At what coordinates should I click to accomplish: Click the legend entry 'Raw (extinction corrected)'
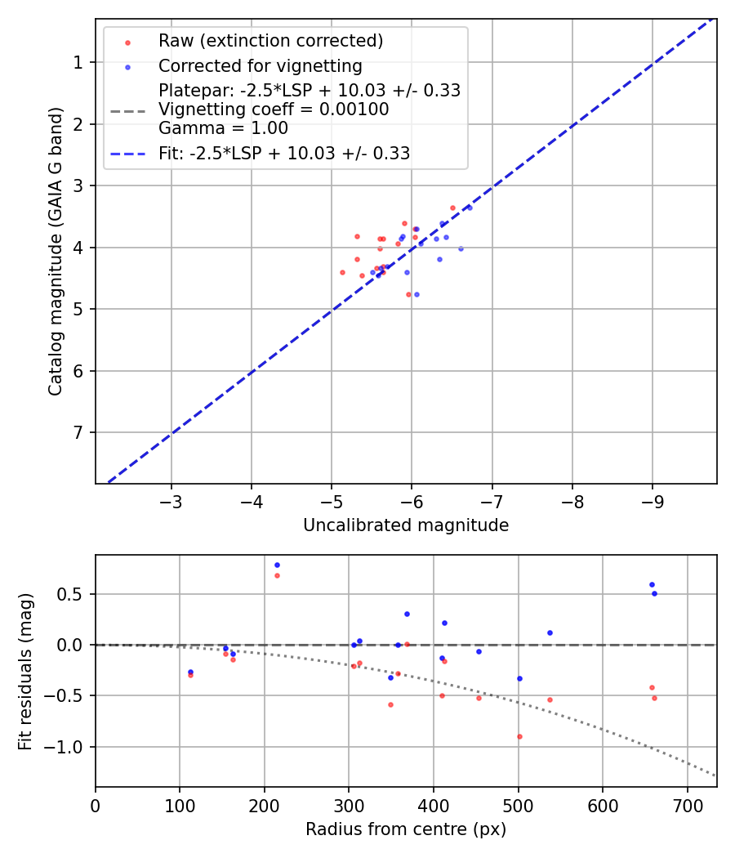coord(270,41)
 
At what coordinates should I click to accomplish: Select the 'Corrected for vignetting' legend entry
coord(260,65)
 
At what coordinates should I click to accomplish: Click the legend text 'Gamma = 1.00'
coord(223,127)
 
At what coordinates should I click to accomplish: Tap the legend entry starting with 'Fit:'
coord(283,153)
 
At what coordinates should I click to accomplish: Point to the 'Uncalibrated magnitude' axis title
coord(406,525)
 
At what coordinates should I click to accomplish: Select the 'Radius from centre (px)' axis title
coord(406,829)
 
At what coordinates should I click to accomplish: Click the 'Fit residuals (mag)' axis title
coord(26,671)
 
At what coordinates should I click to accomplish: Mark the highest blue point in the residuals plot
coord(277,565)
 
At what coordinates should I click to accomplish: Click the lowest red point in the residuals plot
coord(519,736)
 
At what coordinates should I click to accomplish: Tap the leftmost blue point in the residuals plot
coord(190,672)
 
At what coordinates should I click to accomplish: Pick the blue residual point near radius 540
coord(550,632)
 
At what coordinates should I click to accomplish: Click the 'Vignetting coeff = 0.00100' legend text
coord(274,109)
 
